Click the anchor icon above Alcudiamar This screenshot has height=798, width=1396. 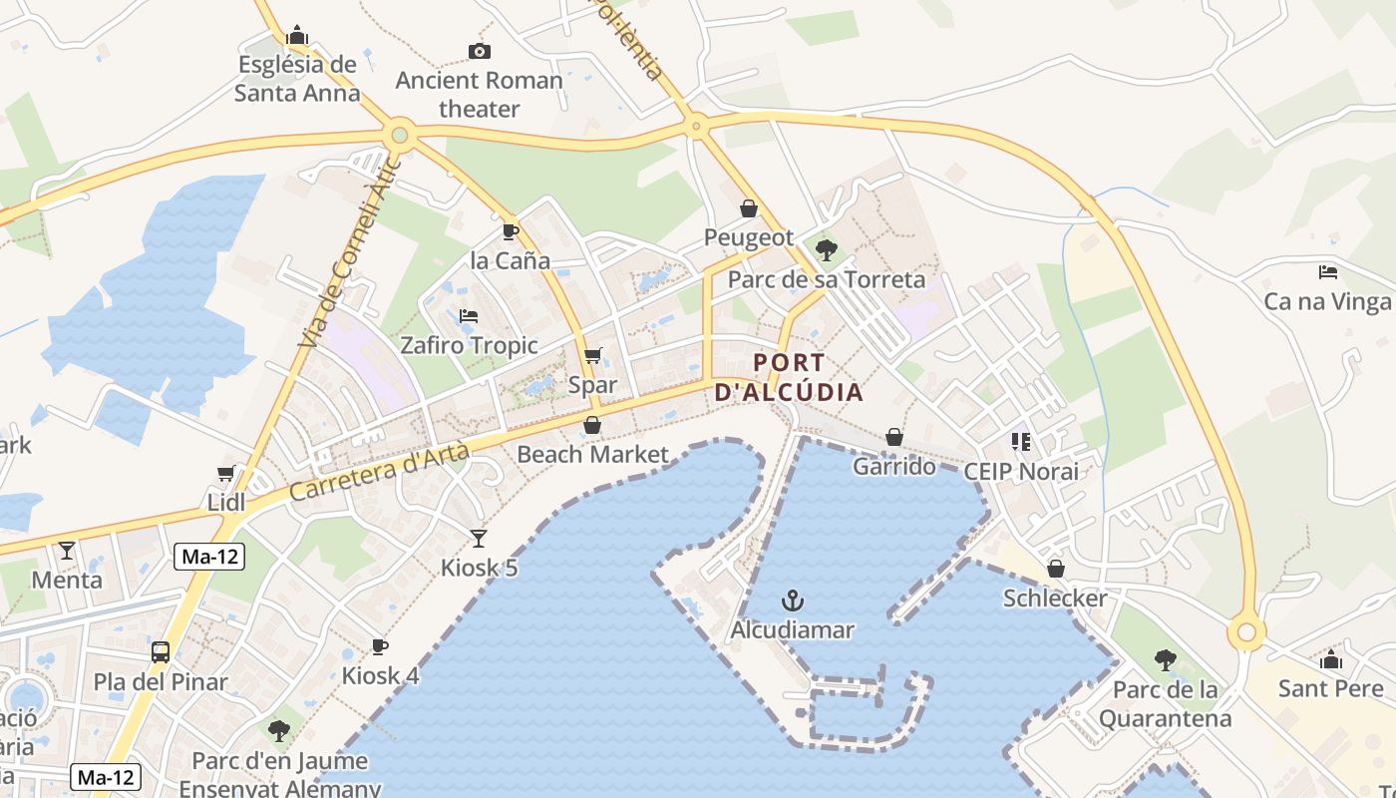(793, 600)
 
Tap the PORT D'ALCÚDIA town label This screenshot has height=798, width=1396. (789, 377)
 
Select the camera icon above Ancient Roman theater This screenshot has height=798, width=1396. (480, 51)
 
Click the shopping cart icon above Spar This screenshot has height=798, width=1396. (592, 356)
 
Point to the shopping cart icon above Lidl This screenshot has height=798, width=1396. (226, 473)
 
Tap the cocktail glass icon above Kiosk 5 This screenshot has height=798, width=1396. (479, 539)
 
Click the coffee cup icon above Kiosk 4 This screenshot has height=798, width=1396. (380, 647)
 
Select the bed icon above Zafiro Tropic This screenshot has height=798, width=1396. (469, 316)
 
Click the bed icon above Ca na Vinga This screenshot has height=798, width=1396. (1327, 271)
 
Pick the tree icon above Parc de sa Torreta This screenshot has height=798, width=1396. (826, 249)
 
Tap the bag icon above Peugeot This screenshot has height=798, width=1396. (749, 208)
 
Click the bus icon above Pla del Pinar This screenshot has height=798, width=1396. (161, 652)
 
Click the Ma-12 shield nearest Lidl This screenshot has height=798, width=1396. (209, 557)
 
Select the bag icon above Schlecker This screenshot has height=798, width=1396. (1055, 569)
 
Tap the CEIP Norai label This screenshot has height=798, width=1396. (1021, 471)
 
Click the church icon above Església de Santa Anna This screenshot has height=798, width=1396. (297, 36)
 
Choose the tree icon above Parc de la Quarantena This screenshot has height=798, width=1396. (1165, 659)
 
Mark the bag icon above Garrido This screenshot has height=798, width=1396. (894, 437)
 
